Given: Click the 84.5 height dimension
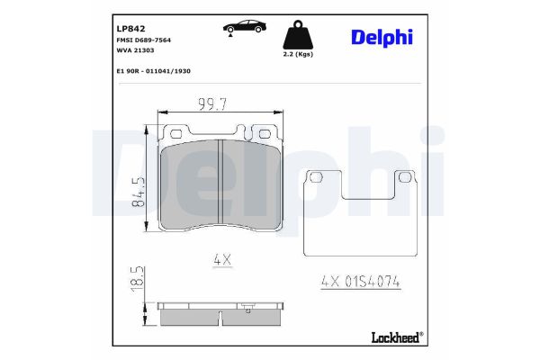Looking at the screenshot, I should pos(139,191).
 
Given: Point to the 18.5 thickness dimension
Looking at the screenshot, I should pos(139,276).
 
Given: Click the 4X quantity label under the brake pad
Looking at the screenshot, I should pos(222,259).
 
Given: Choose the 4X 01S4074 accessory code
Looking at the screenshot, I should pos(360,283).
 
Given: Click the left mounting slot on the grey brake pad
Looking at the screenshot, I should pos(176,134).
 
